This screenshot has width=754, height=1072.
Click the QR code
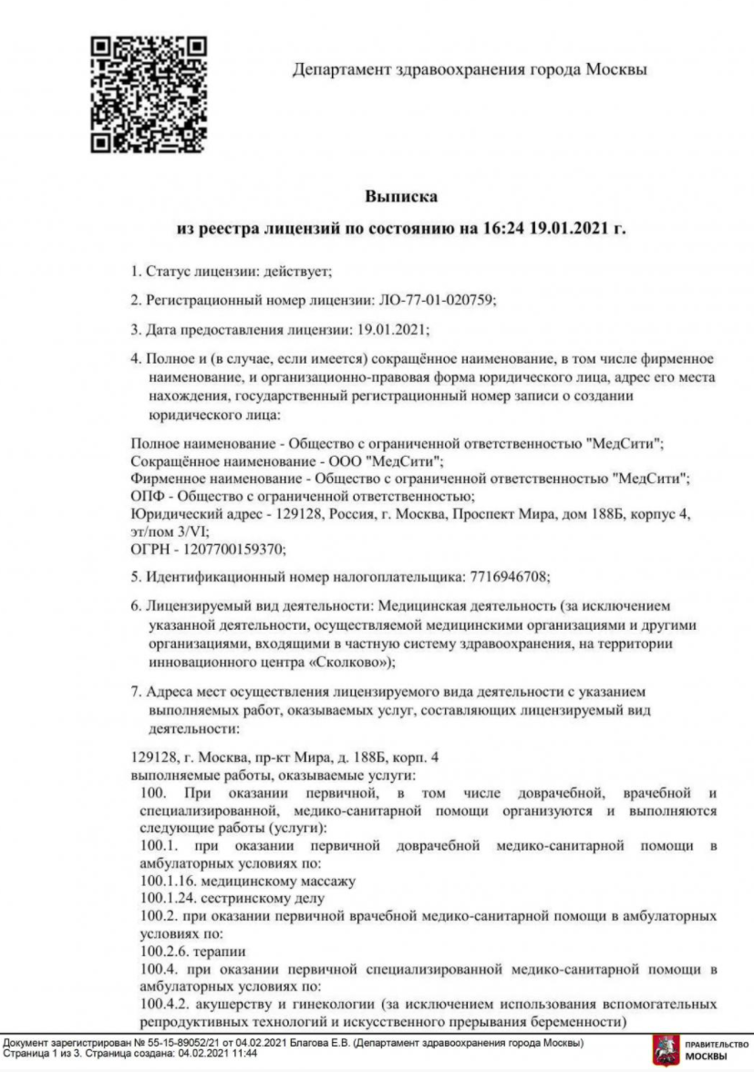147,94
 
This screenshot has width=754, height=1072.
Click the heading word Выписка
401,196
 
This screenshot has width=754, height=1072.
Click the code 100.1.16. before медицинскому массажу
166,881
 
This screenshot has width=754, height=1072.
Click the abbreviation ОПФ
147,496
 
